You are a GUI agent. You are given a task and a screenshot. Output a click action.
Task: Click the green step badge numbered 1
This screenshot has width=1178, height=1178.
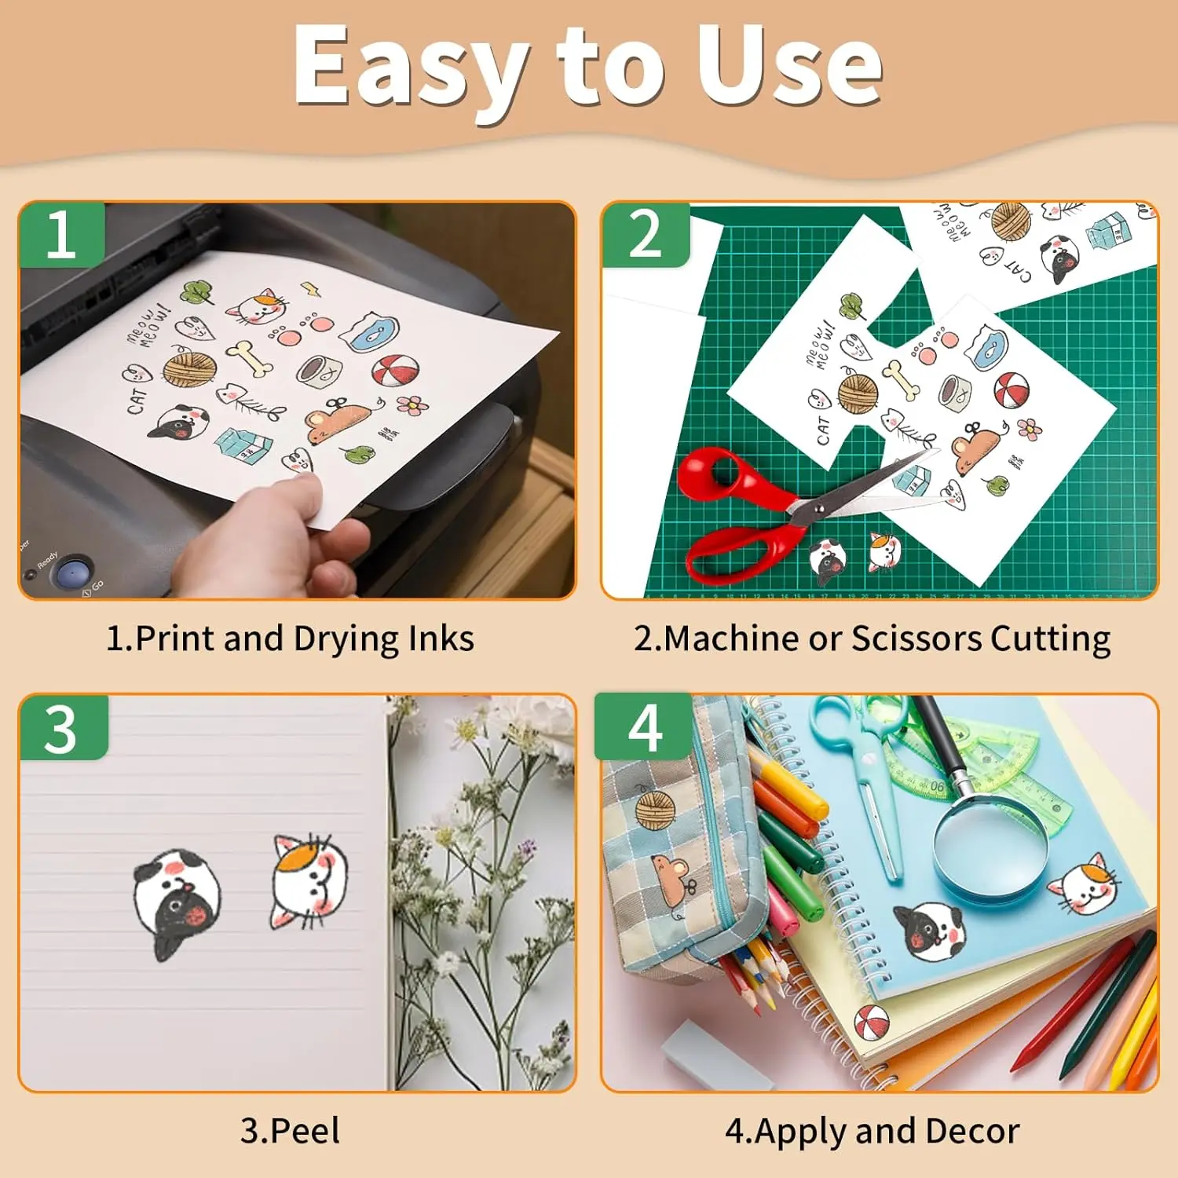click(x=61, y=235)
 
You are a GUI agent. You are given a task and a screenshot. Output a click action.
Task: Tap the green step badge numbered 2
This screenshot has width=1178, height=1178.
click(x=645, y=235)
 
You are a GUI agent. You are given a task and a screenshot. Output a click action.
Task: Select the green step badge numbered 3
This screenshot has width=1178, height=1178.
click(x=61, y=729)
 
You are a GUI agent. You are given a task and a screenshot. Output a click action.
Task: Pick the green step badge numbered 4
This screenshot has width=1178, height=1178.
click(x=644, y=728)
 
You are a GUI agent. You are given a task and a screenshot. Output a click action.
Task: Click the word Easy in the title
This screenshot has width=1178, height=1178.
click(x=409, y=67)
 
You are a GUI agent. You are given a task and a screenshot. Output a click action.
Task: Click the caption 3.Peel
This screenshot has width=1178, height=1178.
click(x=290, y=1131)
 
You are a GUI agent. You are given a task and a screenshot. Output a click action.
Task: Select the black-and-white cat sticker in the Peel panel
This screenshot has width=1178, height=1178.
click(x=177, y=903)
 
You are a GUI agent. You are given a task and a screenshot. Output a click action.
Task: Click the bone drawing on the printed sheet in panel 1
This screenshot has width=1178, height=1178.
click(x=251, y=358)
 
